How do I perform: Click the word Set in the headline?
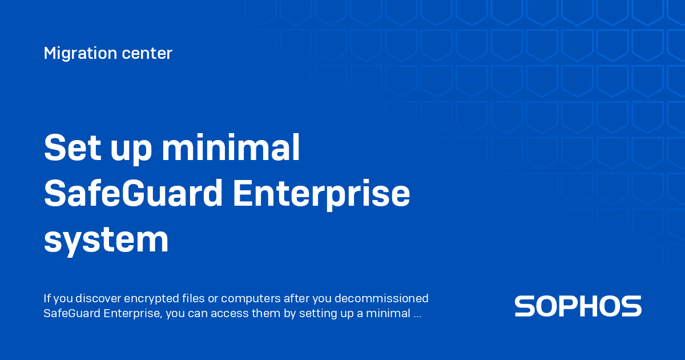coord(68,149)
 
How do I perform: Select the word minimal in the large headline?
coord(231,149)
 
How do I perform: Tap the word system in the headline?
coord(106,240)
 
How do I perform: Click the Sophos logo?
coord(578,306)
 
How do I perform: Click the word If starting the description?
coord(47,298)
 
